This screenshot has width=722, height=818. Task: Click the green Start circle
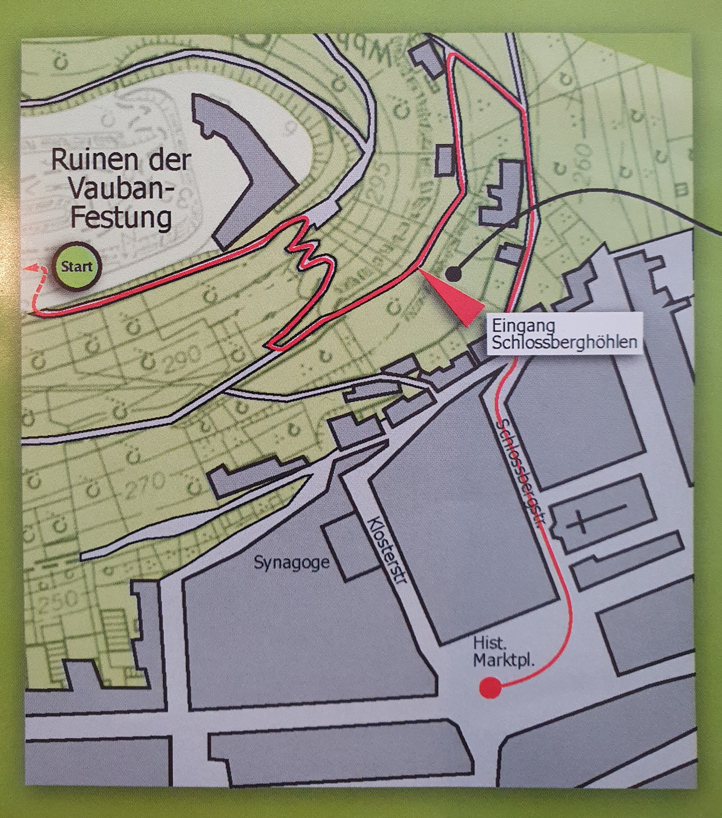(x=77, y=267)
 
